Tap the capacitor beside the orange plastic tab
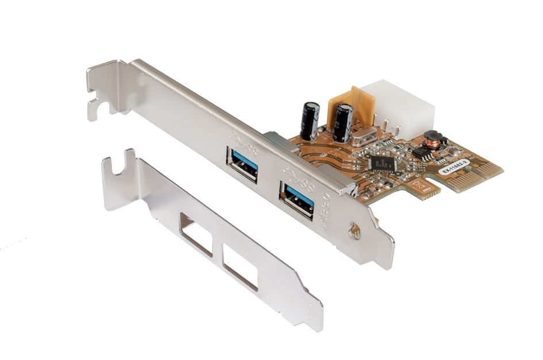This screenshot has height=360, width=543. pyautogui.click(x=344, y=123)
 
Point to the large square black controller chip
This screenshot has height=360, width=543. pyautogui.click(x=383, y=163)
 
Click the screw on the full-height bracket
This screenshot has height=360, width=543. pyautogui.click(x=355, y=231)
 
